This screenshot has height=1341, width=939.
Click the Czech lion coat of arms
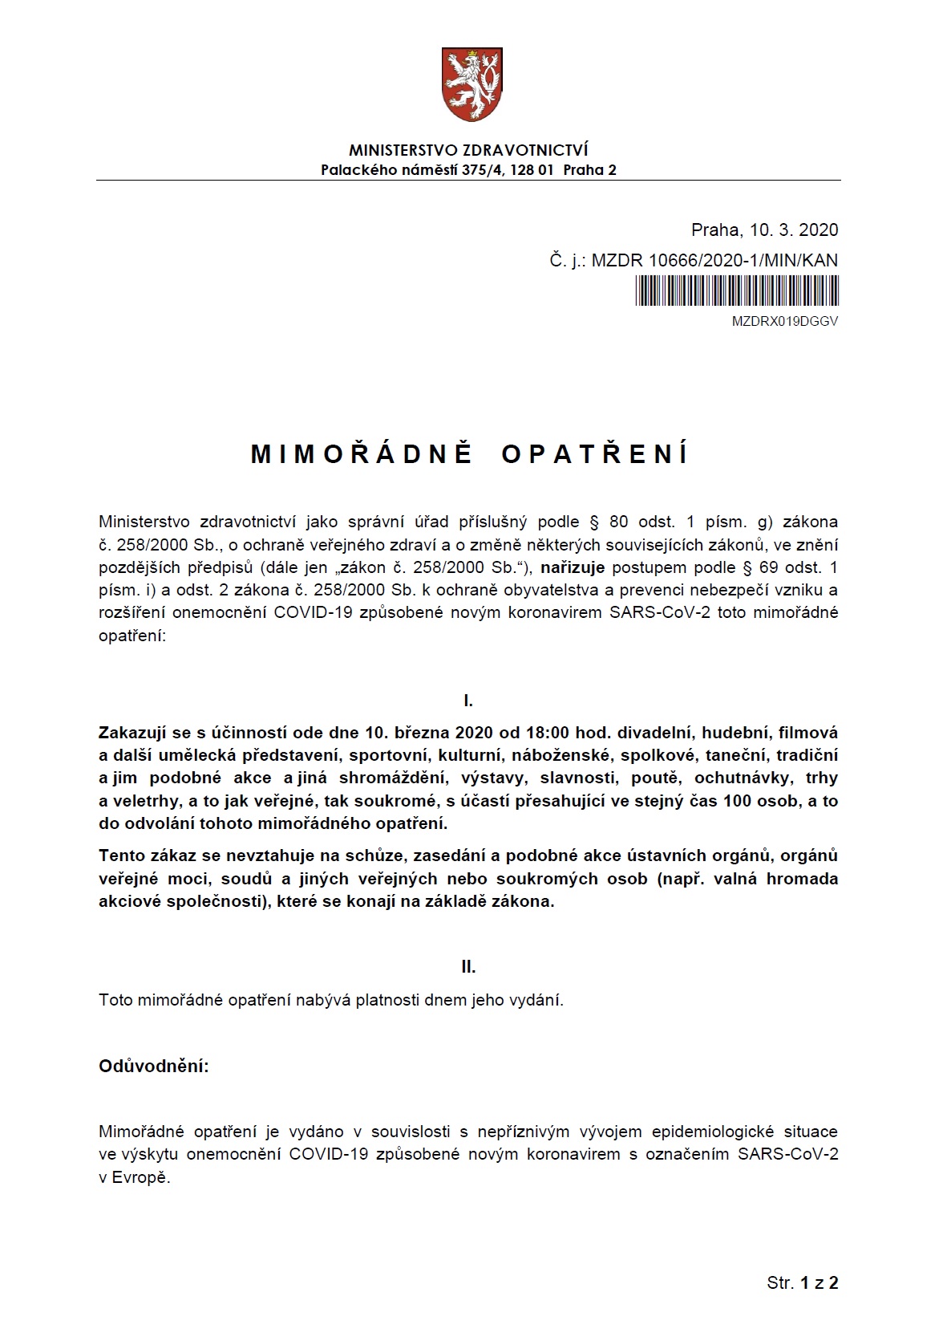(469, 84)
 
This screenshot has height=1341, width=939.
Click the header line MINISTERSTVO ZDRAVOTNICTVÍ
(468, 150)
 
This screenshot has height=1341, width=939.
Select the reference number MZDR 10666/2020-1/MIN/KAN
(714, 260)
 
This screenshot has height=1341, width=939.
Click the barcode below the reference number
(737, 290)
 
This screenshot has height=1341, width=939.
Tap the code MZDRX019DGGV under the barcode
(785, 321)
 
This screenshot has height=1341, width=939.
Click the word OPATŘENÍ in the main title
(594, 454)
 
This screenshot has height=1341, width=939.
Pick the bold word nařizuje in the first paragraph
(573, 568)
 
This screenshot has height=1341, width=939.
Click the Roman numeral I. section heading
(468, 701)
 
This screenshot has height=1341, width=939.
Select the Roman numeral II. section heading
(468, 967)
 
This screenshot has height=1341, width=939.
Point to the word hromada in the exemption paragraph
(802, 878)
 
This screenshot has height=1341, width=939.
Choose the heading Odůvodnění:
(153, 1066)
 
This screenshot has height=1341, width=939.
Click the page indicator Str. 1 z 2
(802, 1282)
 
